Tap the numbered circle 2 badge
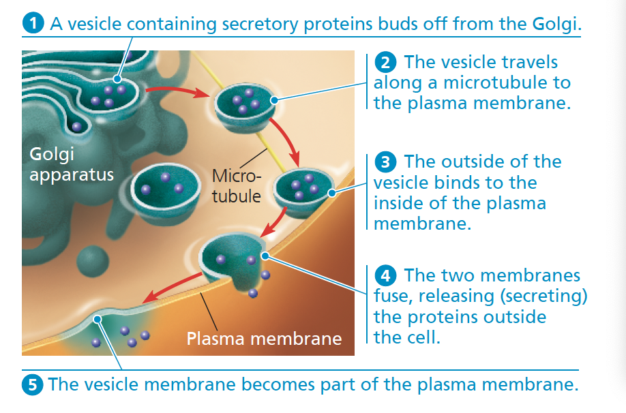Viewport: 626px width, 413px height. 386,63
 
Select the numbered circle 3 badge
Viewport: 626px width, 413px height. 386,162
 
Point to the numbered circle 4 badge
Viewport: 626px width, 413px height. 386,276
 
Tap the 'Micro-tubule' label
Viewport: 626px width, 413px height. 237,186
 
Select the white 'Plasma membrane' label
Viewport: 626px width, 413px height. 264,338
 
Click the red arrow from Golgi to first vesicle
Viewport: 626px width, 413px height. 174,90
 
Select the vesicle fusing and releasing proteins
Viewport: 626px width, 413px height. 232,259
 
